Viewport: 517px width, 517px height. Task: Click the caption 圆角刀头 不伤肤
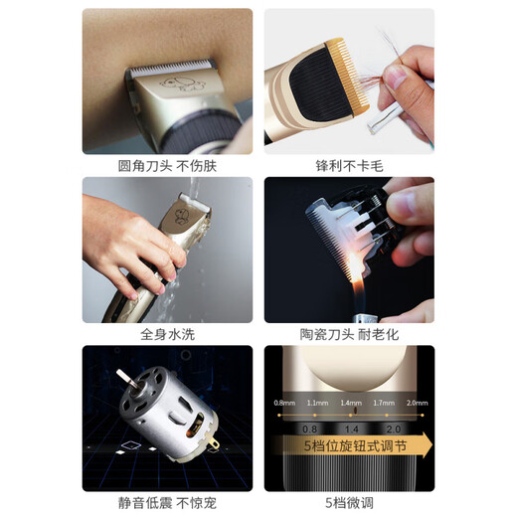(x=166, y=166)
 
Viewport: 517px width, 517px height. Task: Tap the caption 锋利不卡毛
(x=348, y=166)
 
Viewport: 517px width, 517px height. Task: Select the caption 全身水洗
(x=166, y=335)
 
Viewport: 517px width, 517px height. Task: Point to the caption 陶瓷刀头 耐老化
(x=348, y=335)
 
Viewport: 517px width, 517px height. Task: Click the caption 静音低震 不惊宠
(x=166, y=503)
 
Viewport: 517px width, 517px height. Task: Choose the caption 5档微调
(x=348, y=503)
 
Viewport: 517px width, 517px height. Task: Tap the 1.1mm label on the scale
(x=316, y=402)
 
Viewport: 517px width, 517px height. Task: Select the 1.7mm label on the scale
(x=383, y=402)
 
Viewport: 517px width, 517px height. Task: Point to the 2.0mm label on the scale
(x=417, y=402)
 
